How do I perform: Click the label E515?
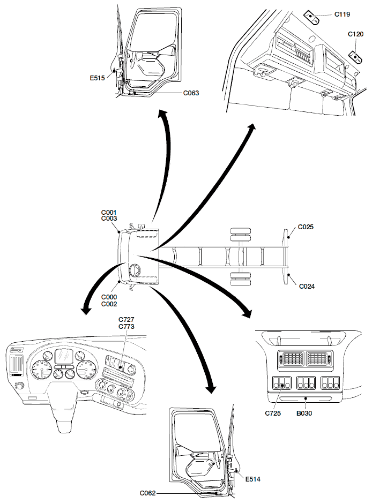97,78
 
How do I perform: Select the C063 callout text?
191,93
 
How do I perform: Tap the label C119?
343,15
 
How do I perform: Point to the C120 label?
355,34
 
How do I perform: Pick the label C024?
306,286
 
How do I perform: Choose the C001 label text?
109,212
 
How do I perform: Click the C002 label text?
109,304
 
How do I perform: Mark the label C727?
127,319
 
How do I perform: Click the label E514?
252,479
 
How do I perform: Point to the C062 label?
148,492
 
